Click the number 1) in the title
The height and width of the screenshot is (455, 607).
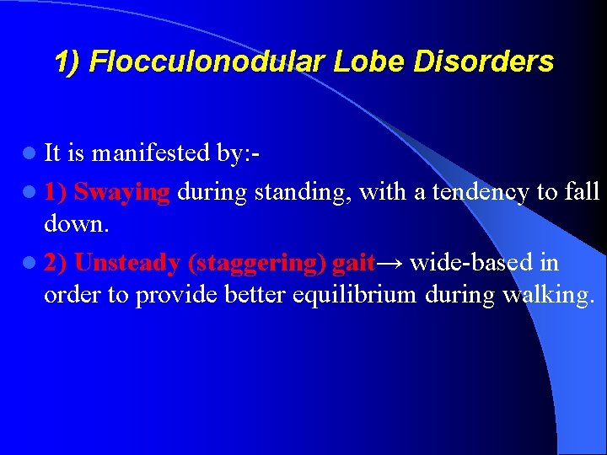point(67,62)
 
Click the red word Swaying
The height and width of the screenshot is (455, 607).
point(121,191)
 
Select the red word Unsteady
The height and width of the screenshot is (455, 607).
point(126,263)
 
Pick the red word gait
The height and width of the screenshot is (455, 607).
point(353,264)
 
